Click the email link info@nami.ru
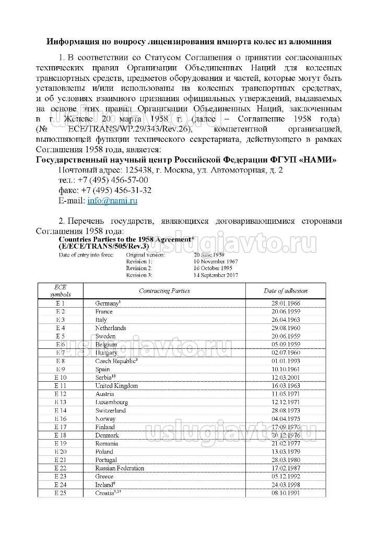112,200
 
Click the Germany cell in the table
108,303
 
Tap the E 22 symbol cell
60,468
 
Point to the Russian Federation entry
120,468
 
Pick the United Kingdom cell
116,386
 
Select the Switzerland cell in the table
110,410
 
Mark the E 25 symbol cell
60,493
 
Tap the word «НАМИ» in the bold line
318,160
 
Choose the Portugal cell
106,460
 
